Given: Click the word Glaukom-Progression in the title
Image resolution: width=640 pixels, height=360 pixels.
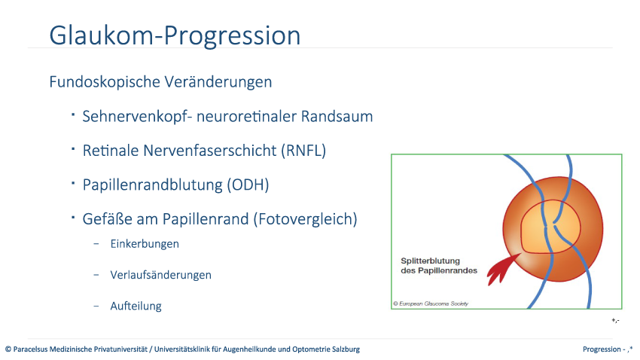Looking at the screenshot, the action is pyautogui.click(x=175, y=35).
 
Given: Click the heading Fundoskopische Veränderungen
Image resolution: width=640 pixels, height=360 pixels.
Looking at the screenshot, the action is pyautogui.click(x=160, y=81).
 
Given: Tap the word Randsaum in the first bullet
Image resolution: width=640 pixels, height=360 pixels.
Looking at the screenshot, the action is pyautogui.click(x=337, y=116).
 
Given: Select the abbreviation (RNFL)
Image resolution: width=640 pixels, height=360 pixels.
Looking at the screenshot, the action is pyautogui.click(x=303, y=151).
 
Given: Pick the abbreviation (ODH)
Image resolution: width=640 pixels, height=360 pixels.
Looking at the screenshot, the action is pyautogui.click(x=248, y=185).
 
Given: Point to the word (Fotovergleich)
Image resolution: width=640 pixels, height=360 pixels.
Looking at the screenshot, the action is pyautogui.click(x=305, y=219).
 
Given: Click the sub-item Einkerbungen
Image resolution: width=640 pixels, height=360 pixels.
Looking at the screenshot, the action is pyautogui.click(x=145, y=244).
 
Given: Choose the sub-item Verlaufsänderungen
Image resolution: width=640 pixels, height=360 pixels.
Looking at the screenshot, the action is pyautogui.click(x=160, y=275).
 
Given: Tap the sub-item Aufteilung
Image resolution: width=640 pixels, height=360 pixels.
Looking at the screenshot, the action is pyautogui.click(x=136, y=306).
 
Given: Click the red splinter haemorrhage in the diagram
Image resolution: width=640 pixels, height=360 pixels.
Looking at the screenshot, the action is pyautogui.click(x=501, y=270).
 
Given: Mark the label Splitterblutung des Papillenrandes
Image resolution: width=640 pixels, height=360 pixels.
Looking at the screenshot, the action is pyautogui.click(x=439, y=266).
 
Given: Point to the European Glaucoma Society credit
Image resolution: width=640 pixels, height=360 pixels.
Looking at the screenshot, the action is pyautogui.click(x=431, y=304).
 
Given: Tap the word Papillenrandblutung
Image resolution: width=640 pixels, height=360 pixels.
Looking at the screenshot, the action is pyautogui.click(x=152, y=185).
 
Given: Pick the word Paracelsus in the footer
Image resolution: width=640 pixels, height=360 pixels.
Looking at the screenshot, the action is pyautogui.click(x=30, y=349).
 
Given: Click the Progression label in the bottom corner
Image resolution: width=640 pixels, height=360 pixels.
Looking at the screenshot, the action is pyautogui.click(x=602, y=349).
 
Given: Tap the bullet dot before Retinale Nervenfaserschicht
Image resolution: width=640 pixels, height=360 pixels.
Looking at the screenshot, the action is pyautogui.click(x=73, y=149).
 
